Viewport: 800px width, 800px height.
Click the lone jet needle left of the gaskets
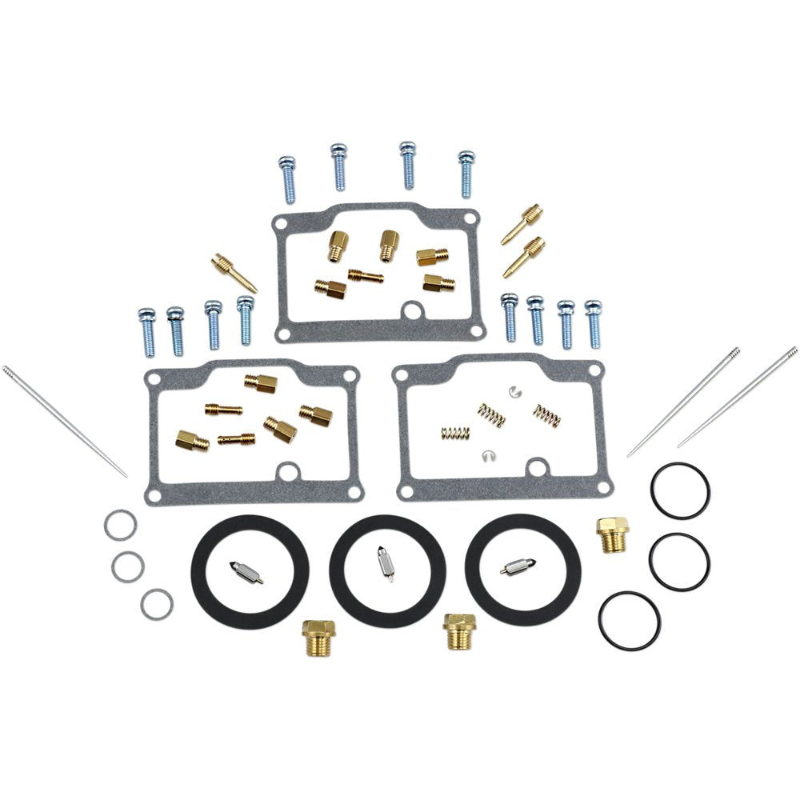64,421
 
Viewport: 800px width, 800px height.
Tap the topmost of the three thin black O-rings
680,490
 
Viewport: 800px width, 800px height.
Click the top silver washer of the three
119,525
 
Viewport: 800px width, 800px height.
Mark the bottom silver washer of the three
155,604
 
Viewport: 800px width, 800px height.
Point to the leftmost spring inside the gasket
454,433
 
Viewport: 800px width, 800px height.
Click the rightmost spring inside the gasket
546,414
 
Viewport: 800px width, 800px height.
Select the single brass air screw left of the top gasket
234,273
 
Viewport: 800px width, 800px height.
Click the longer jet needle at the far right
737,397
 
